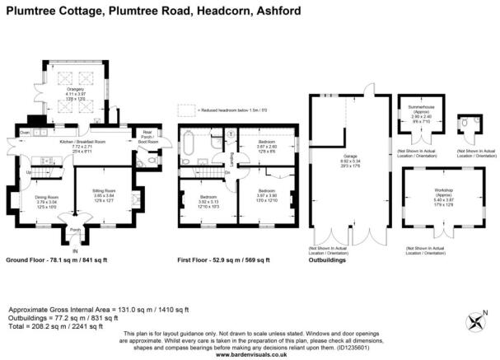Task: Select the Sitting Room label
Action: tap(104, 190)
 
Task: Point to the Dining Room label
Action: tap(46, 197)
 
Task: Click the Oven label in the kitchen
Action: tap(25, 133)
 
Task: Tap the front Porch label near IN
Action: tap(75, 230)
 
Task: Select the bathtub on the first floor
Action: tap(190, 143)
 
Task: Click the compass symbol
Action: tap(475, 320)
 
